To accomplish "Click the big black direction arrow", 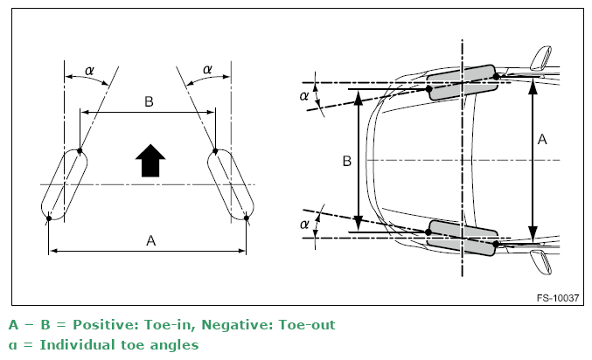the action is [150, 161].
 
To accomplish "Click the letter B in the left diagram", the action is [149, 102].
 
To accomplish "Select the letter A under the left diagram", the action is [150, 240].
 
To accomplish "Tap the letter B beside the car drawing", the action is [346, 161].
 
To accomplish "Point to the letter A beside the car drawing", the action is [542, 140].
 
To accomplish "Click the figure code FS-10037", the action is [558, 298].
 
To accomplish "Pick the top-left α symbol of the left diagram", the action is [89, 71].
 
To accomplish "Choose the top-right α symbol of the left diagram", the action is [207, 69].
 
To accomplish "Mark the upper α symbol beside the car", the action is [304, 96].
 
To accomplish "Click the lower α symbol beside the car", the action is [304, 225].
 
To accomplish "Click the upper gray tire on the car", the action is [462, 83].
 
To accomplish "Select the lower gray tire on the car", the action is [462, 238].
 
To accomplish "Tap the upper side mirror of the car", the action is [540, 59].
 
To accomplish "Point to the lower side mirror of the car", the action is [540, 262].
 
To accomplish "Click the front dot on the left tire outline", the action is [80, 151].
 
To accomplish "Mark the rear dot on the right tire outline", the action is [247, 218].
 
